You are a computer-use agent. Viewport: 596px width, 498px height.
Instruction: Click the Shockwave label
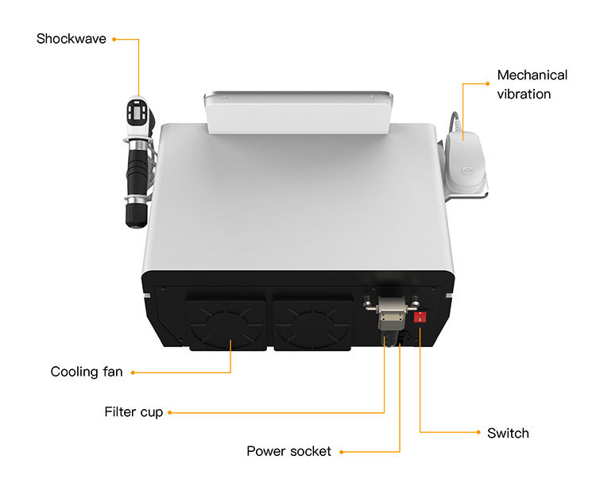pyautogui.click(x=71, y=38)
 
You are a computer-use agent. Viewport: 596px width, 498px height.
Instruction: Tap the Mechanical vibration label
pyautogui.click(x=532, y=84)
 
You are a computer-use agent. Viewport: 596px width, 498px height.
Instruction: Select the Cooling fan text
pyautogui.click(x=87, y=372)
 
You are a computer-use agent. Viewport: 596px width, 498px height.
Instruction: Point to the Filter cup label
pyautogui.click(x=134, y=412)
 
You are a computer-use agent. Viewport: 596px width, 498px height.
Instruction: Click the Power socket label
pyautogui.click(x=288, y=451)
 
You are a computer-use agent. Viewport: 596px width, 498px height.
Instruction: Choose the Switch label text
pyautogui.click(x=508, y=433)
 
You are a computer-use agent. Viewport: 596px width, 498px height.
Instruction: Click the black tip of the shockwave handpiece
pyautogui.click(x=134, y=217)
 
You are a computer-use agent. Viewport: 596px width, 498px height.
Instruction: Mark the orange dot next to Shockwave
pyautogui.click(x=114, y=38)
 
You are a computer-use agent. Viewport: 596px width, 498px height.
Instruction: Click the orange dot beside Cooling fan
pyautogui.click(x=132, y=372)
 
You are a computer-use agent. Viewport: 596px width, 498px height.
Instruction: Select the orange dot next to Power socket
pyautogui.click(x=342, y=452)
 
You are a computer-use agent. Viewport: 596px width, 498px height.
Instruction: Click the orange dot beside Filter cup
pyautogui.click(x=170, y=412)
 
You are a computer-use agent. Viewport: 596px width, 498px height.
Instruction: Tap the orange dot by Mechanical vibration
pyautogui.click(x=487, y=83)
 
